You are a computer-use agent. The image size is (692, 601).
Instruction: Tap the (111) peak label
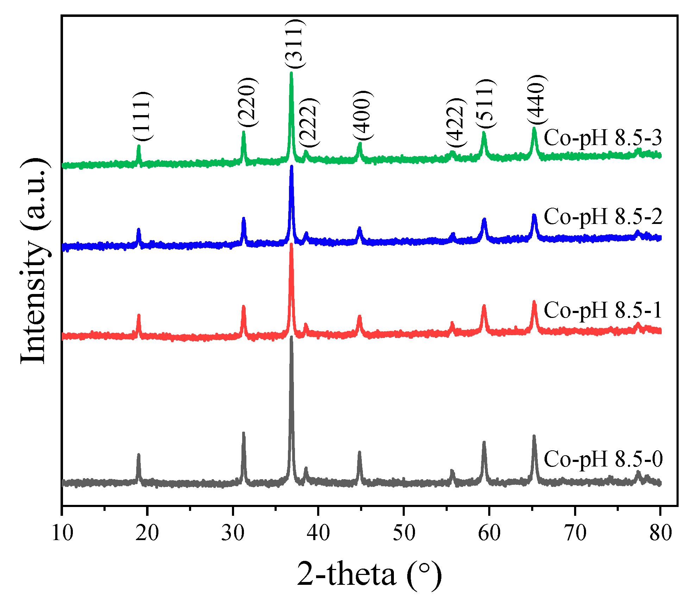point(143,116)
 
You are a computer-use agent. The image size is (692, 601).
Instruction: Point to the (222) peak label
point(309,123)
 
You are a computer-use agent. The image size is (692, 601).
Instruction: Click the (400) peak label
point(362,115)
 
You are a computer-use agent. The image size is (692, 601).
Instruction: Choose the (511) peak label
point(486,104)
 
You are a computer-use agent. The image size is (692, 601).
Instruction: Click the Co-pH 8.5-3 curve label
point(603,138)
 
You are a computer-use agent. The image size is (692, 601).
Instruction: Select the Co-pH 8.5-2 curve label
point(603,217)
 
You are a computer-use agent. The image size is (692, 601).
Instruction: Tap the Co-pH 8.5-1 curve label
point(603,311)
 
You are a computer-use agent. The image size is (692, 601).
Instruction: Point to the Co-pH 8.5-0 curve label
point(603,459)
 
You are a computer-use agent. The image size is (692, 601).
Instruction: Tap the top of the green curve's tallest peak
point(291,74)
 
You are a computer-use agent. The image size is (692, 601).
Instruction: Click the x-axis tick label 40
point(318,533)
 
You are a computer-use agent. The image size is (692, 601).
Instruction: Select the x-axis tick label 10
point(62,533)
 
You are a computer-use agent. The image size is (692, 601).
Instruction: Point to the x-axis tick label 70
point(575,533)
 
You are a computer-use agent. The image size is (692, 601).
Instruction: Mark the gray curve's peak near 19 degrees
point(138,455)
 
